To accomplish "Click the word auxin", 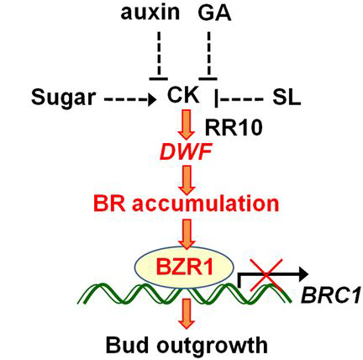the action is click(x=150, y=13).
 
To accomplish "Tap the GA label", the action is click(x=214, y=13).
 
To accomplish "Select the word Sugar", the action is click(x=63, y=98).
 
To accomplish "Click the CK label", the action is click(x=183, y=95).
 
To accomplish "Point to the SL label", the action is click(x=287, y=98).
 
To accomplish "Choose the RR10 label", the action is click(x=234, y=128).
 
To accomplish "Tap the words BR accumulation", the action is click(x=187, y=204).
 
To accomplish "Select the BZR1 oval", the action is click(x=185, y=267).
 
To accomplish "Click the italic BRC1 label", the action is click(x=330, y=296).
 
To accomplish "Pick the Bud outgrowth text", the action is click(x=187, y=345).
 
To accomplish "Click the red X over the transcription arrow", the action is click(x=266, y=275).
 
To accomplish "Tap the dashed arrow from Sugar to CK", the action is click(x=130, y=99).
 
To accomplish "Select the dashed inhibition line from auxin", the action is click(x=159, y=56).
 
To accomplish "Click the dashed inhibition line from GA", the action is click(x=208, y=56).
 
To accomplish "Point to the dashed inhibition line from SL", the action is click(x=239, y=98).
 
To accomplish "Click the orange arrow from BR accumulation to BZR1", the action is click(x=187, y=234).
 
